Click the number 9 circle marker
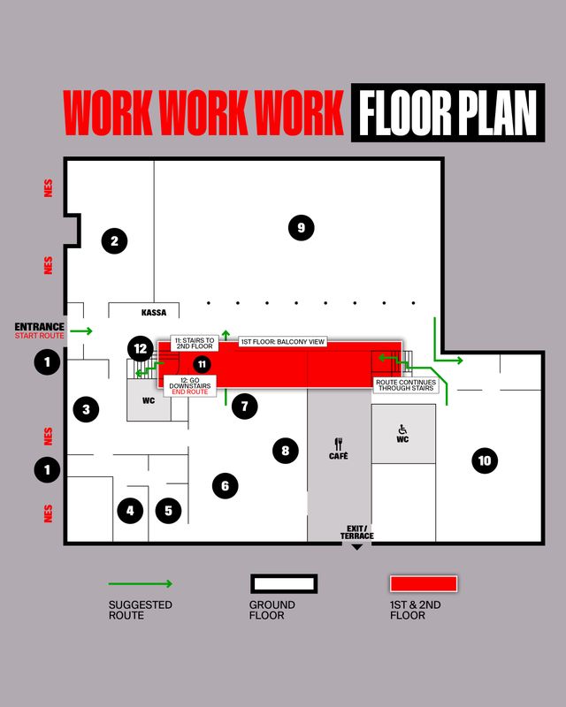[x=301, y=228]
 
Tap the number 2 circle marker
[x=114, y=240]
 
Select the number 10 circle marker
[x=485, y=460]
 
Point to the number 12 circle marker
[x=141, y=348]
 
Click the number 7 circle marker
[x=245, y=407]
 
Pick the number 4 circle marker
[x=130, y=511]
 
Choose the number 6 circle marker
[x=225, y=485]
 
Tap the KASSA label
[x=154, y=313]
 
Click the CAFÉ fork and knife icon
[x=339, y=444]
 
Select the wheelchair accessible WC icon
[x=402, y=430]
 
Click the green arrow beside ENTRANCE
[x=81, y=331]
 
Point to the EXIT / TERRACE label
[x=356, y=532]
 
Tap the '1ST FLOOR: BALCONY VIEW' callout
[x=282, y=342]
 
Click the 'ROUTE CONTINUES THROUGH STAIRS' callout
[x=406, y=385]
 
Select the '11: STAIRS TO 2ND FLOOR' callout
[x=195, y=343]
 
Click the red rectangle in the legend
[x=424, y=584]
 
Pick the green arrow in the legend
[x=141, y=584]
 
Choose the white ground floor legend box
[x=284, y=584]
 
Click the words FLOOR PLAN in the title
[x=447, y=113]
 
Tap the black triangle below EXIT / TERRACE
[x=356, y=547]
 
